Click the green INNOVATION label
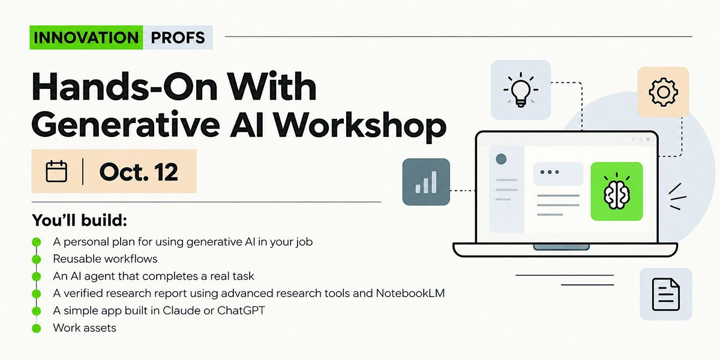point(86,37)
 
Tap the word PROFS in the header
point(178,38)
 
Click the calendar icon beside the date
point(56,172)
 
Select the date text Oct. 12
point(139,172)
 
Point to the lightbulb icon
point(521,89)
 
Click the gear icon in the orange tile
point(663,92)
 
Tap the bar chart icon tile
point(426,182)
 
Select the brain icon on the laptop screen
point(617,191)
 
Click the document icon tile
point(665,294)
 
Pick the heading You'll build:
point(79,221)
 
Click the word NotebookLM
point(410,293)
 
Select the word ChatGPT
point(241,311)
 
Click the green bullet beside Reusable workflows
point(37,259)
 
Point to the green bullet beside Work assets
point(37,328)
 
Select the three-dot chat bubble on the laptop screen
point(559,173)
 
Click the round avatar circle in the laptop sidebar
point(501,159)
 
